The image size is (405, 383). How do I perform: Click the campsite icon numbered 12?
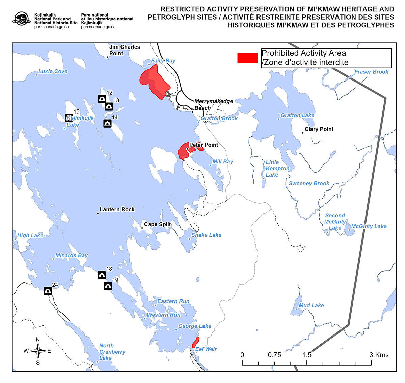[x=102, y=99]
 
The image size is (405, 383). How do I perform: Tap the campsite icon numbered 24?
[x=48, y=291]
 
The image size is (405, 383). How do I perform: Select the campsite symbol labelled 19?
[x=108, y=286]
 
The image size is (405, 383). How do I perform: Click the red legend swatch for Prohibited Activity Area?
[x=247, y=58]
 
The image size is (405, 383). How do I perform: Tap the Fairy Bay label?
[x=163, y=61]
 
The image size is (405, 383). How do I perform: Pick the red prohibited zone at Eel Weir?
[x=195, y=342]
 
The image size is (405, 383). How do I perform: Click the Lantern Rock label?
[x=117, y=209]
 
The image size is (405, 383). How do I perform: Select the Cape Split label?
[x=157, y=224]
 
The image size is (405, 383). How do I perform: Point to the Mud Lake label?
[x=311, y=305]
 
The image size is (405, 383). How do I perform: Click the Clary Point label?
[x=319, y=129]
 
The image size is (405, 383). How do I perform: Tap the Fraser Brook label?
[x=371, y=72]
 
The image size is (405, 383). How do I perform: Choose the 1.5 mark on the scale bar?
[x=307, y=355]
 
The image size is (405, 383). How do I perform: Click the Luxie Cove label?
[x=53, y=71]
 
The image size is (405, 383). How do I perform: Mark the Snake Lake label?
[x=206, y=235]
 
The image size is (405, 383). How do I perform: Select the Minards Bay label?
[x=72, y=255]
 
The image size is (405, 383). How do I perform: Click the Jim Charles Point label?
[x=125, y=50]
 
